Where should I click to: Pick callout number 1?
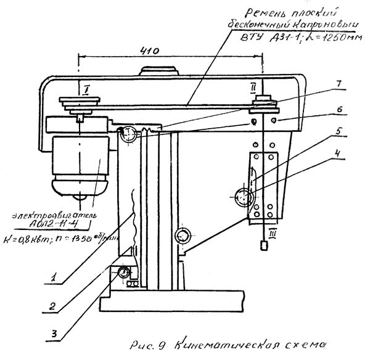55,279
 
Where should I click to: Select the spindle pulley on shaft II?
265,105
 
